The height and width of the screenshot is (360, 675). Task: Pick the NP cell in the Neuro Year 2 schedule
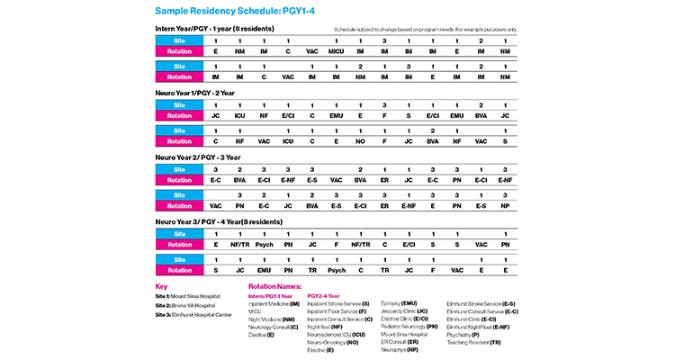pos(506,204)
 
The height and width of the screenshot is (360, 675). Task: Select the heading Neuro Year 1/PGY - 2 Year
pos(202,93)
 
